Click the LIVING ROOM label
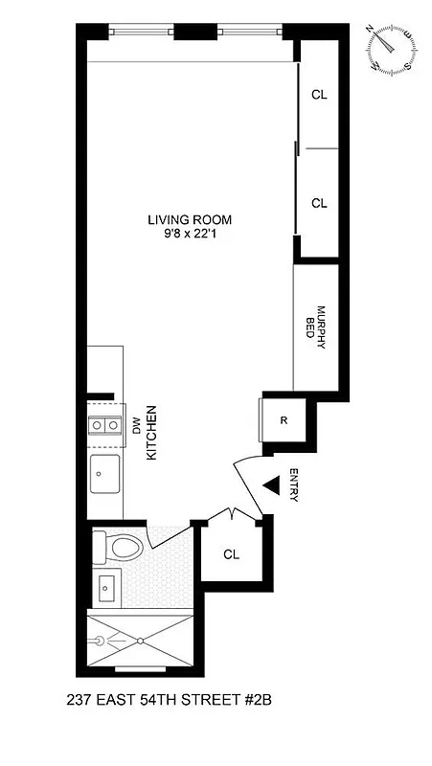(x=190, y=219)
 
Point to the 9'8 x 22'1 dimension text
(x=190, y=234)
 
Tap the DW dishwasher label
(x=137, y=429)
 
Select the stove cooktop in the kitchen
(x=103, y=425)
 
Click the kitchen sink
(x=104, y=472)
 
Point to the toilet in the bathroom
(x=119, y=548)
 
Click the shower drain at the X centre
(x=140, y=640)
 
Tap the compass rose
(x=390, y=49)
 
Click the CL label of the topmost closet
(x=320, y=95)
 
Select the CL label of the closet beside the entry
(x=232, y=554)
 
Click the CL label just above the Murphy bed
(x=320, y=203)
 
